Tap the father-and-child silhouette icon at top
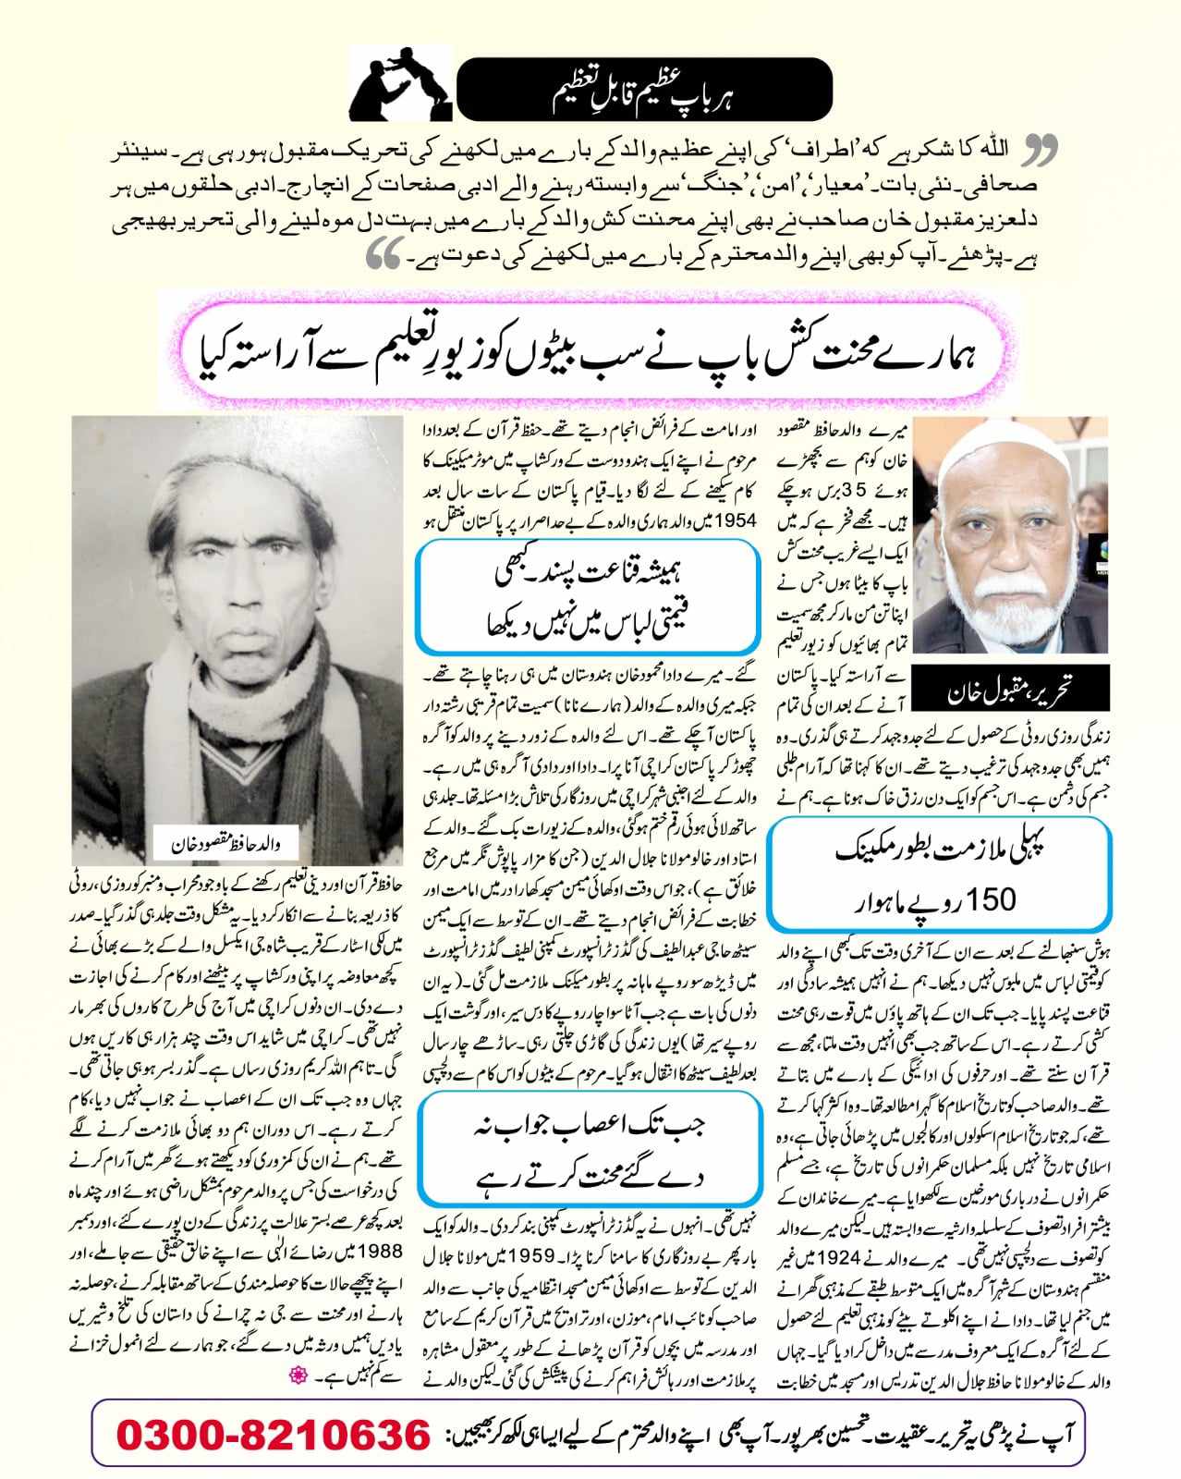[x=399, y=83]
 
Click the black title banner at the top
[x=644, y=90]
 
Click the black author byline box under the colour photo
[x=1001, y=688]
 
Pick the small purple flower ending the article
[x=298, y=1376]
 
